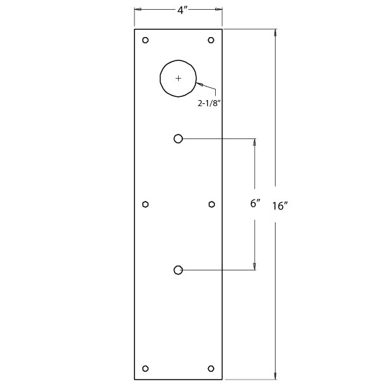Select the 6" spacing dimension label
click(255, 203)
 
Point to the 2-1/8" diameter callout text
click(213, 103)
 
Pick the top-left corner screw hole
click(146, 40)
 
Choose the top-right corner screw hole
click(211, 40)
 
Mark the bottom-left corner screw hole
click(146, 368)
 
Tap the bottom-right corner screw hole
click(211, 368)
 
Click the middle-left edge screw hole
click(146, 204)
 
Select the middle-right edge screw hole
click(211, 204)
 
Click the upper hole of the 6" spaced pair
click(178, 138)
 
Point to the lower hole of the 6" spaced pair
click(178, 270)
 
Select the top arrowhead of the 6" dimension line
click(254, 142)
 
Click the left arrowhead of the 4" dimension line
click(137, 9)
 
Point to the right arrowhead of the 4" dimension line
click(219, 9)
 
